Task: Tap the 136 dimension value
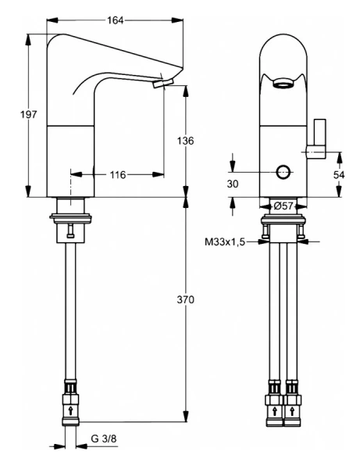[185, 141]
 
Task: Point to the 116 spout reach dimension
[117, 174]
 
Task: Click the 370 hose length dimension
[185, 300]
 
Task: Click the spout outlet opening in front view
[283, 83]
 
